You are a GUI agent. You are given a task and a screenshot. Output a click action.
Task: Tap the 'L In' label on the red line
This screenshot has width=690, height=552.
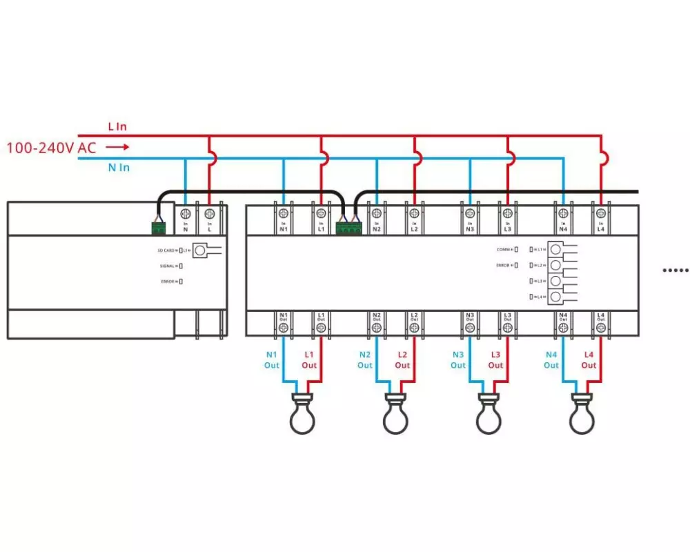[x=117, y=127]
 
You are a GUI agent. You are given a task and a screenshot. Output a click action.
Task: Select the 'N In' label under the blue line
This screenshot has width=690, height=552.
[x=118, y=168]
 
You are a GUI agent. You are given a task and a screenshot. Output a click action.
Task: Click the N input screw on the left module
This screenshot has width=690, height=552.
[x=186, y=213]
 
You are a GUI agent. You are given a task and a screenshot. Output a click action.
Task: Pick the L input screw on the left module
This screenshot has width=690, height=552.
[x=209, y=213]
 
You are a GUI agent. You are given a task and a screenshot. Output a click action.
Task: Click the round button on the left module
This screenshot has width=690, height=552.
[x=200, y=250]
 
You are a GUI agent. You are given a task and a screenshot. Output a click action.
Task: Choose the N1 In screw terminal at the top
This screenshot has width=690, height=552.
[x=284, y=213]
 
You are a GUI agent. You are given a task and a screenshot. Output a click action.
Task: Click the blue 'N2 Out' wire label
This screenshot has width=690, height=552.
[x=365, y=359]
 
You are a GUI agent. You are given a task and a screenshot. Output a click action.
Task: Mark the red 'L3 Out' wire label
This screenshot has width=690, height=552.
[x=495, y=359]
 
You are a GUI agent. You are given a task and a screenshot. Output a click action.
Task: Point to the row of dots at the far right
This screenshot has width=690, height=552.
[x=676, y=270]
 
